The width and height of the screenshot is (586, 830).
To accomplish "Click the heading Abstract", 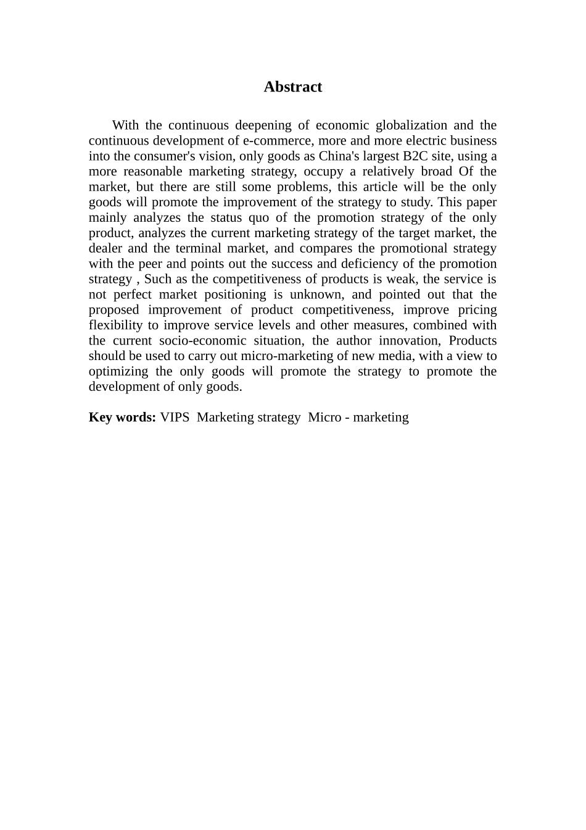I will click(x=292, y=87).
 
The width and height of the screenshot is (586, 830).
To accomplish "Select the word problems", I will click(x=302, y=187).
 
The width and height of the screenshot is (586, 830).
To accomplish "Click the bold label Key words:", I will click(x=122, y=417).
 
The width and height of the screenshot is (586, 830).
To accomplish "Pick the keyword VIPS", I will click(x=175, y=417).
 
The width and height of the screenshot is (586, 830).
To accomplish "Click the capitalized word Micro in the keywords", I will click(x=324, y=417).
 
